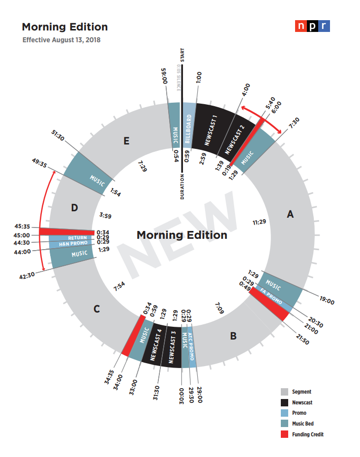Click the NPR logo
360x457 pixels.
pos(312,27)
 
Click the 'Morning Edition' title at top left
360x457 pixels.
pos(64,27)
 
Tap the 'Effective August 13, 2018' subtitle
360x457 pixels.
pos(61,40)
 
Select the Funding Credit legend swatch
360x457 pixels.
pos(284,434)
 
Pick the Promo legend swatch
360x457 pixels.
pos(284,413)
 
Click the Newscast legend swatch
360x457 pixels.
pos(284,402)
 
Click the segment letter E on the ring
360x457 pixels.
pos(126,142)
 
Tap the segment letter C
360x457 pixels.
pos(97,309)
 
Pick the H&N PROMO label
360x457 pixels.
pos(73,243)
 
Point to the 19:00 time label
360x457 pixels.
pos(327,302)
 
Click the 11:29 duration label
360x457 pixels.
pos(259,222)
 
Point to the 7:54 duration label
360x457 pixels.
pos(120,286)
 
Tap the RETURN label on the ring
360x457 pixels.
pos(78,238)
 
